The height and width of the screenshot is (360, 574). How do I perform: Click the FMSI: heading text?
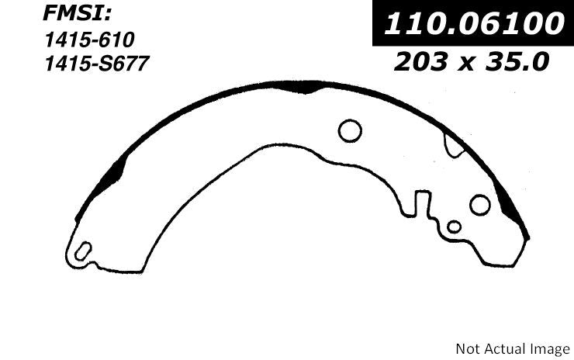(77, 14)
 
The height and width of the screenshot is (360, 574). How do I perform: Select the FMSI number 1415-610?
(90, 40)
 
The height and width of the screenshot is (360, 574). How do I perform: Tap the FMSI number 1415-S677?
(97, 64)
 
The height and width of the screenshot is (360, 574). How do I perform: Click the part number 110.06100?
(474, 23)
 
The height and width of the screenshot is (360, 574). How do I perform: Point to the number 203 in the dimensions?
(420, 61)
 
